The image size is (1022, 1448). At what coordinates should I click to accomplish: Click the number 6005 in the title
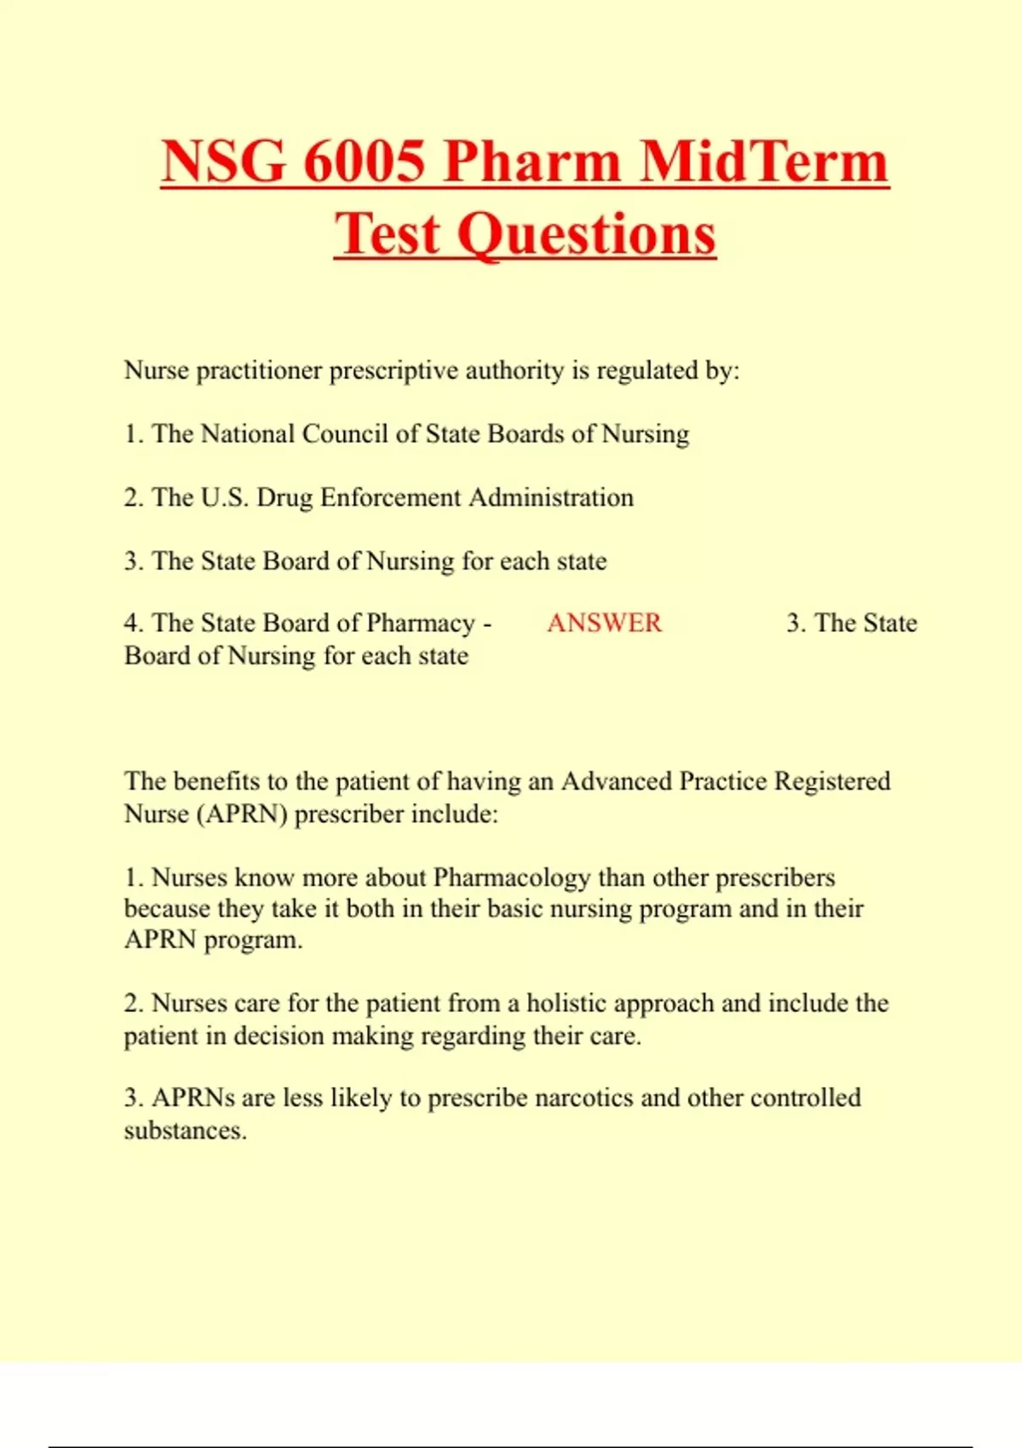point(364,161)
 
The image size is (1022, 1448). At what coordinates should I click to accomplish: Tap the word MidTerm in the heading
point(763,161)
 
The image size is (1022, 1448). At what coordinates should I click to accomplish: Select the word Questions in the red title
point(587,233)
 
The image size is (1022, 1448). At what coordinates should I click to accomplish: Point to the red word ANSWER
point(604,623)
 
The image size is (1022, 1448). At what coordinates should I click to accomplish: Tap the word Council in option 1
point(345,434)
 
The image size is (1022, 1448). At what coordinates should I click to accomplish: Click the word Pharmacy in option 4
point(421,623)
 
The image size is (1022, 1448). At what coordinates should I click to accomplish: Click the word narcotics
point(583,1098)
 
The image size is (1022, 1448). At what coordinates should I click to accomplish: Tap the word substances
point(185,1131)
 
